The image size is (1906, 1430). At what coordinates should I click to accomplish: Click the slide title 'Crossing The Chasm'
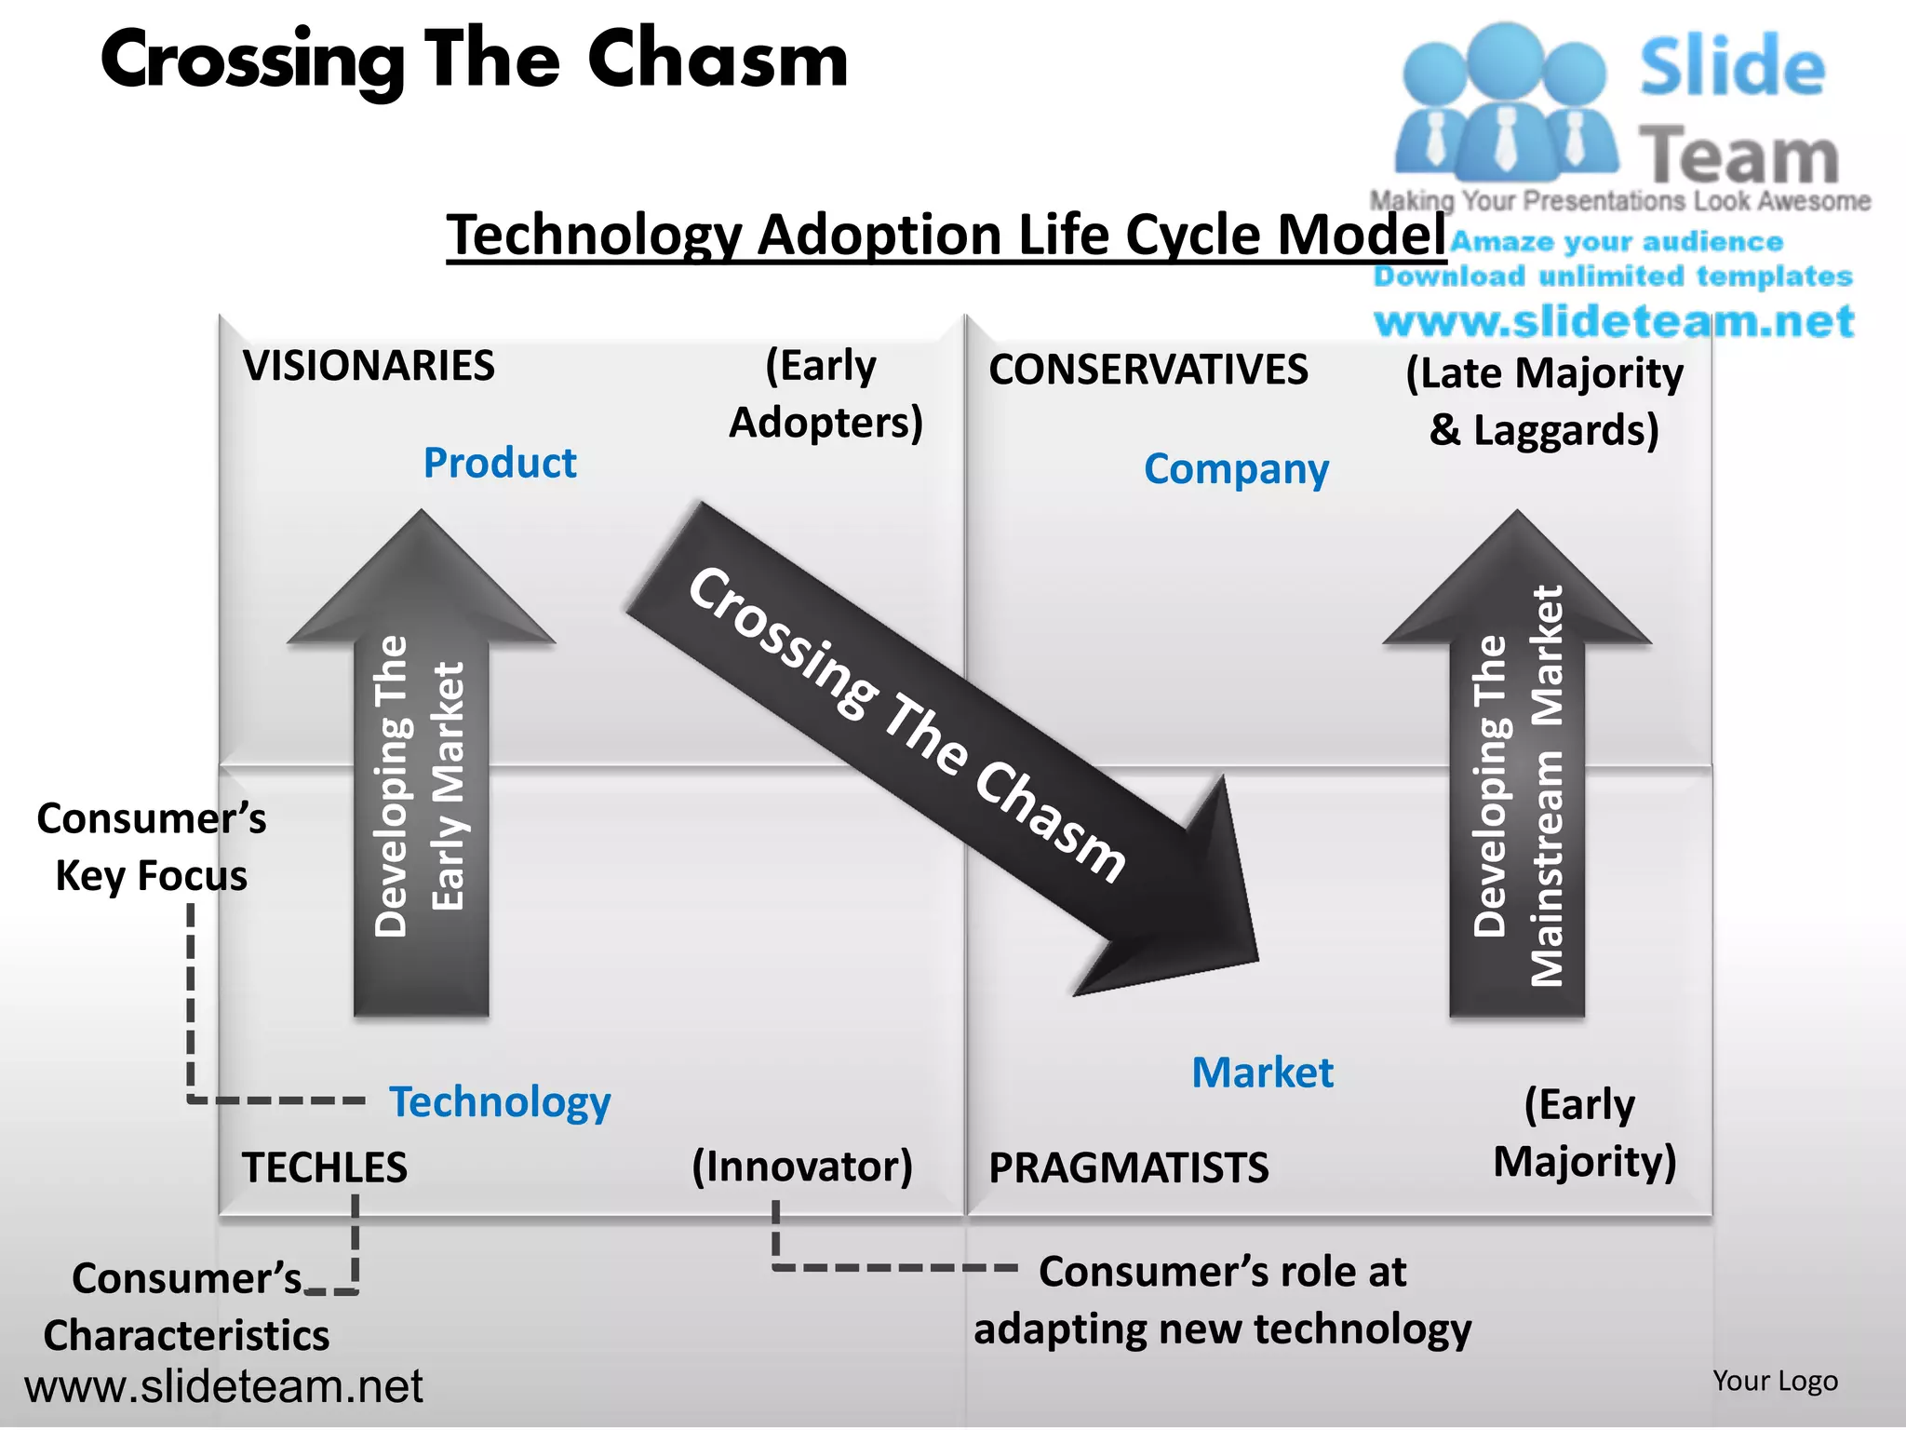475,60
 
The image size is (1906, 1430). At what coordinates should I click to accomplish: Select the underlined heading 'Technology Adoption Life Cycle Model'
946,235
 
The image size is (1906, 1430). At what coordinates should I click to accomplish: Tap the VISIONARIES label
369,366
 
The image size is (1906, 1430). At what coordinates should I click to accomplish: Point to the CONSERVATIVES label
1148,370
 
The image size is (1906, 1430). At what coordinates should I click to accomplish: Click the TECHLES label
324,1167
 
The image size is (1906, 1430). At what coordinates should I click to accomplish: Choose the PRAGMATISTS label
1128,1167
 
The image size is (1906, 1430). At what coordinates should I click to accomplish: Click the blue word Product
500,463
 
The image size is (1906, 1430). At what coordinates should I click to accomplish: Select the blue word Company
1236,469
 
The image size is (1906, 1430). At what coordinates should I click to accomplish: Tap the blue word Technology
500,1102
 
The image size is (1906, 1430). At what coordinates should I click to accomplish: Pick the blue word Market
1262,1072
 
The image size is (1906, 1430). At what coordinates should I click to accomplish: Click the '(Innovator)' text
801,1167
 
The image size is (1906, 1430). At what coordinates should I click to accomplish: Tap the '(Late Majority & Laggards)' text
1544,401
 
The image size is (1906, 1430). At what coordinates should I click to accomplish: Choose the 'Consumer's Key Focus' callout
151,847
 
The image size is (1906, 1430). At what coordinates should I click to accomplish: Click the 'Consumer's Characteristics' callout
186,1307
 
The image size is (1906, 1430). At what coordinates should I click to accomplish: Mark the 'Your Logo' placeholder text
1775,1381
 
